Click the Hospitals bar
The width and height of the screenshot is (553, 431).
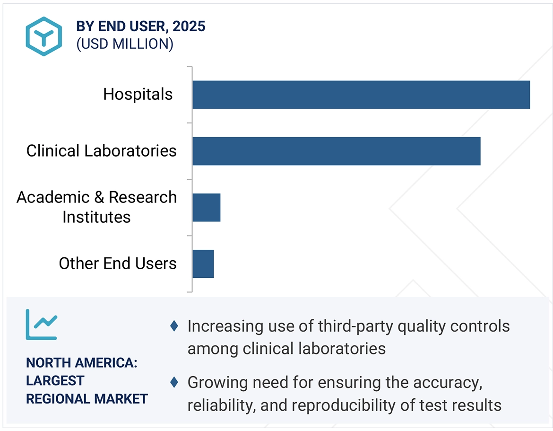tap(361, 95)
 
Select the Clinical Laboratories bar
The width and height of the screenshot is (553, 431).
tap(336, 151)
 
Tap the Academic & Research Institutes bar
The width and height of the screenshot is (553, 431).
tap(206, 207)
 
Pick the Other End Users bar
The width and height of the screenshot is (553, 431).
tap(203, 264)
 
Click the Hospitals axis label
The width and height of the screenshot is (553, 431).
tap(138, 95)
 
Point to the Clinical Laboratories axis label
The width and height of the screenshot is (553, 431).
tap(101, 151)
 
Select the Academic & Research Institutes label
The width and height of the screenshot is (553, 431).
tap(96, 207)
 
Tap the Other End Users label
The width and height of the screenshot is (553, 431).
tap(117, 264)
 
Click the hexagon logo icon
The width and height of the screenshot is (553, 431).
tap(43, 36)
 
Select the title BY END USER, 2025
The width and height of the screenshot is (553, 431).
tap(140, 26)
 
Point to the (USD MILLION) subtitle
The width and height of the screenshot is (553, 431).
tap(124, 44)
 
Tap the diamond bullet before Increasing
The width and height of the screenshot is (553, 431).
tap(174, 326)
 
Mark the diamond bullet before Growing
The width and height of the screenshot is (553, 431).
tap(174, 382)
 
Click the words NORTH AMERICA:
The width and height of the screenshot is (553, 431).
tap(81, 363)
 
